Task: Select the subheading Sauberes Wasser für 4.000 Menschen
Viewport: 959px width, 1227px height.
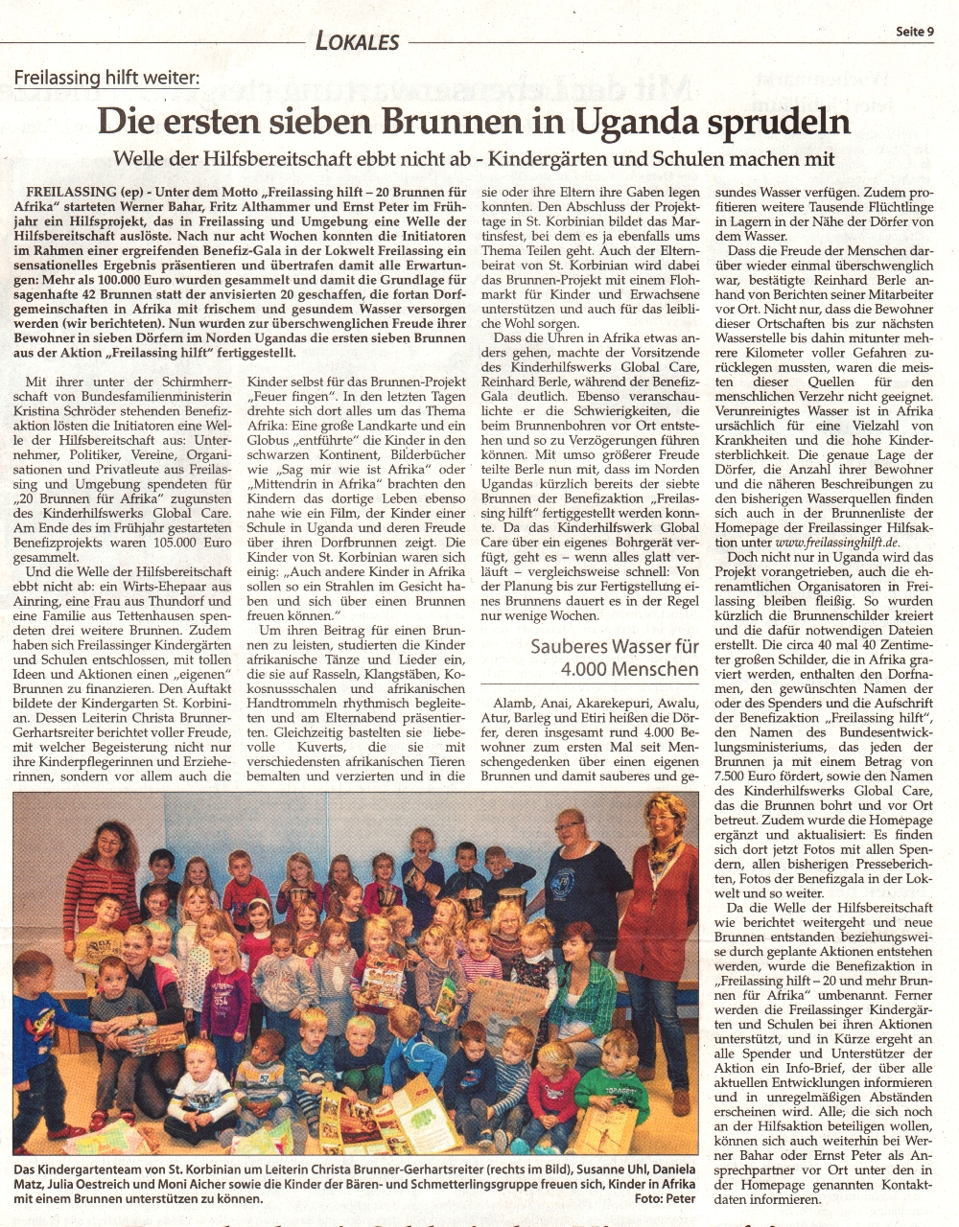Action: [616, 658]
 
